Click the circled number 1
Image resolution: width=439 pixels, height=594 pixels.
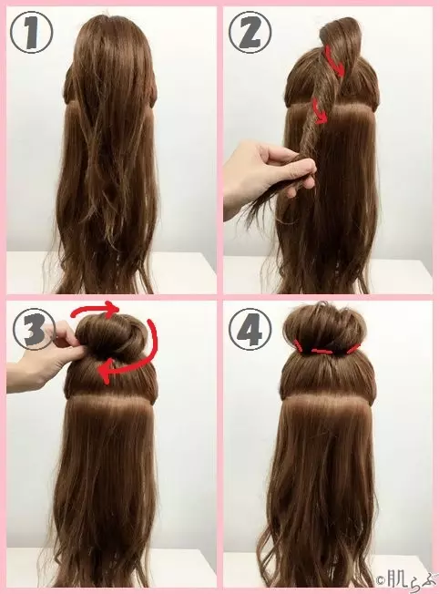(31, 31)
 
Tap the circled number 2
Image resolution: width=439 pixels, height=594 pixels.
(250, 31)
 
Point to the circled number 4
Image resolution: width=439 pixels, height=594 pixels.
(250, 328)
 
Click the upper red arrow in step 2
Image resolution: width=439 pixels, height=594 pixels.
(335, 61)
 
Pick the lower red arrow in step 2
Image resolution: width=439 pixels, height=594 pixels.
(318, 110)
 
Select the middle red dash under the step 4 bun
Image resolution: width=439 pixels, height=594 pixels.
(322, 352)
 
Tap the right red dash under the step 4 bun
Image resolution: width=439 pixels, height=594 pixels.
(353, 348)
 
